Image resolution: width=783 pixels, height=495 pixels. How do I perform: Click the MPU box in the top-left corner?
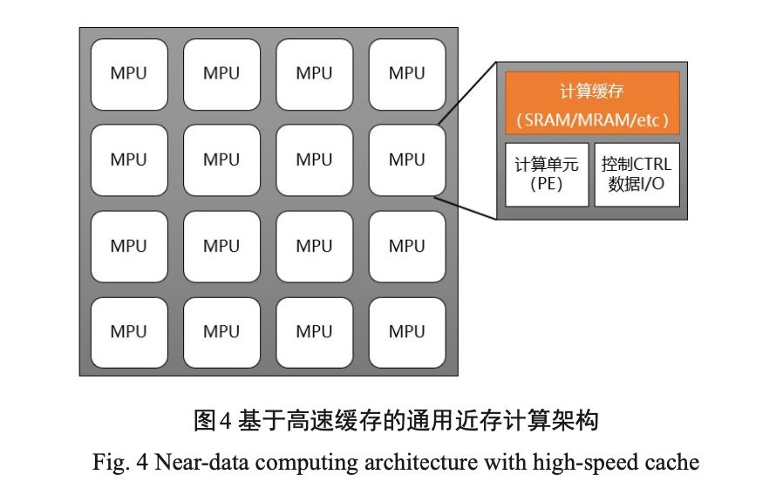tap(129, 74)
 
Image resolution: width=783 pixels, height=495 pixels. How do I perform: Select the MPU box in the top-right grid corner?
tap(407, 74)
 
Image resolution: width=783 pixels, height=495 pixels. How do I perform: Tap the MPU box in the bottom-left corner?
tap(129, 332)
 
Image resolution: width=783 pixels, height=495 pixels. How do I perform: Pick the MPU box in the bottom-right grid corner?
tap(407, 332)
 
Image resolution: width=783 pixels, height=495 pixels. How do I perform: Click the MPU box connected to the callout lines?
tap(407, 160)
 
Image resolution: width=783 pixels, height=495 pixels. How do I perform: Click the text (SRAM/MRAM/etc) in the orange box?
tap(592, 120)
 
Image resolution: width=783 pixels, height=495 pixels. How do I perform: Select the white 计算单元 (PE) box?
tap(547, 174)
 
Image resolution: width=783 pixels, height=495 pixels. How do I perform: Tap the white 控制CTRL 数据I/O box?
tap(637, 174)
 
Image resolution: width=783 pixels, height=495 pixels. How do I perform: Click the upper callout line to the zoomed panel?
tap(466, 95)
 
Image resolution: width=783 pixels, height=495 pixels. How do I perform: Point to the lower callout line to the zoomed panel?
tap(466, 208)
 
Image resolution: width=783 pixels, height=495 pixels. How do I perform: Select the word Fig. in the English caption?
tap(110, 462)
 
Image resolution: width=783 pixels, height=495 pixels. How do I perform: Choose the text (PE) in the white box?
tap(547, 185)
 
